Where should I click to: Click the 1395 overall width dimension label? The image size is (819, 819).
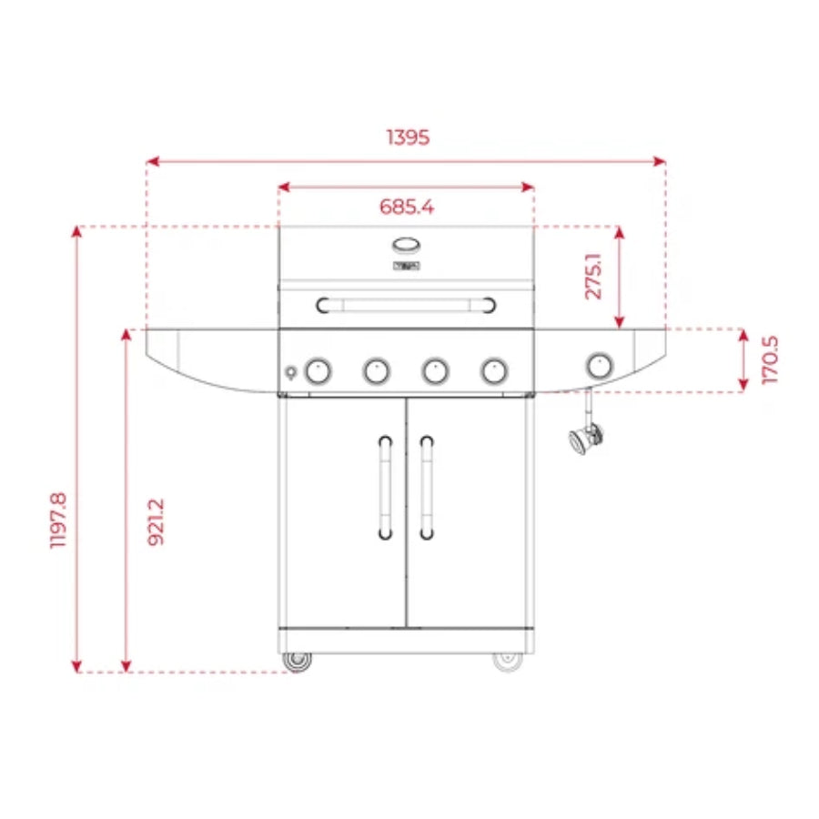coord(407,137)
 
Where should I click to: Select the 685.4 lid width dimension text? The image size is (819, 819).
coord(407,207)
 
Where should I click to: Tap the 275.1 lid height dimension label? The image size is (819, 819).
coord(593,277)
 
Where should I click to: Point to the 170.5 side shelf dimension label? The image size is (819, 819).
coord(770,359)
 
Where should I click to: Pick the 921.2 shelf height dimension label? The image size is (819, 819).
coord(156,521)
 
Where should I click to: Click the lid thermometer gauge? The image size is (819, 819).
coord(407,245)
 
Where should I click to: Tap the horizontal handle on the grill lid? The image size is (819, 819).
coord(406,304)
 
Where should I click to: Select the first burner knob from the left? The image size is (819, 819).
coord(318,370)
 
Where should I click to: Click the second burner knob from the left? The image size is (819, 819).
coord(377,370)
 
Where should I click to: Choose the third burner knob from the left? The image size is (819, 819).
coord(435,370)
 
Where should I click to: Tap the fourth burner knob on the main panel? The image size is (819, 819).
coord(494,370)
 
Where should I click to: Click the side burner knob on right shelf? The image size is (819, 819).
coord(598,366)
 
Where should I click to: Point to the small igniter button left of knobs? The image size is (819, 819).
coord(290,372)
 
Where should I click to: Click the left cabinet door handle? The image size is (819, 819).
coord(386,486)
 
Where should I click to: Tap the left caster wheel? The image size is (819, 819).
coord(296,661)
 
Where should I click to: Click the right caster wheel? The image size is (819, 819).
coord(508,660)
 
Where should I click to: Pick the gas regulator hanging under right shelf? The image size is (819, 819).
coord(583,439)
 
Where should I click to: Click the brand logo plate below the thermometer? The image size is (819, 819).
coord(406,266)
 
